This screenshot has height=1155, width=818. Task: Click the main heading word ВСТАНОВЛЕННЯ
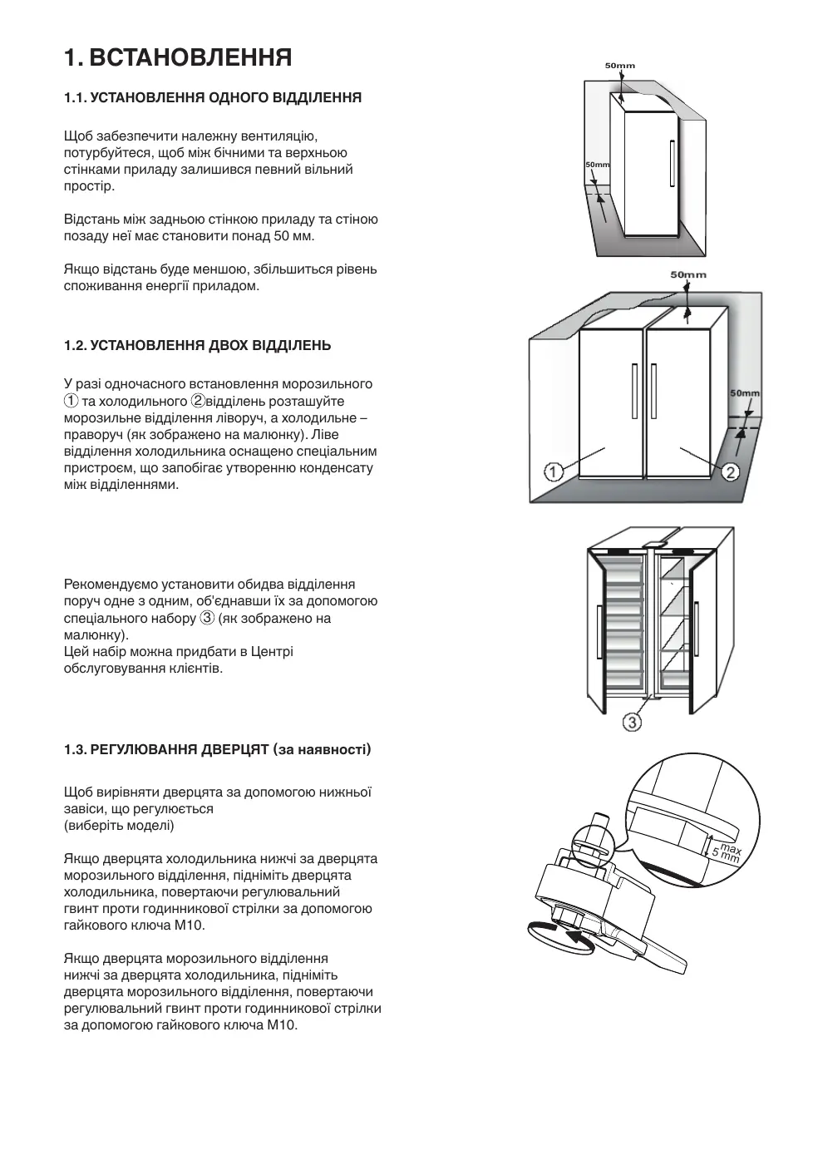pyautogui.click(x=190, y=57)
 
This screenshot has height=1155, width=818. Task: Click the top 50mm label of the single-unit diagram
pyautogui.click(x=619, y=66)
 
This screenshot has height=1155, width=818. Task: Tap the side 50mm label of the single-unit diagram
pyautogui.click(x=597, y=165)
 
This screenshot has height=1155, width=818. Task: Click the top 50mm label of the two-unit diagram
pyautogui.click(x=688, y=274)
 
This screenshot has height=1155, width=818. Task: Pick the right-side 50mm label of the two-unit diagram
pyautogui.click(x=745, y=393)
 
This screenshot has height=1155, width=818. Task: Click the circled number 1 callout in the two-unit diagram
pyautogui.click(x=554, y=471)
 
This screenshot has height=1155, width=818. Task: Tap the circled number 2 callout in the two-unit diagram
pyautogui.click(x=731, y=472)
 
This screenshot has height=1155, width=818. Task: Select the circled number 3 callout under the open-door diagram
pyautogui.click(x=633, y=723)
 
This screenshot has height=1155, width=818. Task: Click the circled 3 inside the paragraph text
pyautogui.click(x=207, y=618)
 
